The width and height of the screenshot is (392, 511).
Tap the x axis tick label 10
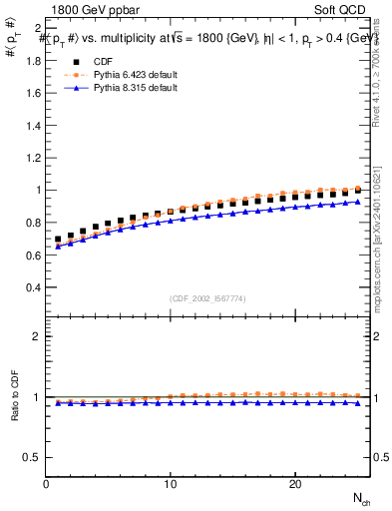171,484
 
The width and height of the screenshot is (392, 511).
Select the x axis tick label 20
294,484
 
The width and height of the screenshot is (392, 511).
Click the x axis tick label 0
47,484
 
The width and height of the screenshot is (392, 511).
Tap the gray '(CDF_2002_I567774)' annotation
208,297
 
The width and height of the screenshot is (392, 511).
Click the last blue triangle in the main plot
357,202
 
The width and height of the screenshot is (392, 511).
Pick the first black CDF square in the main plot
58,240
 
